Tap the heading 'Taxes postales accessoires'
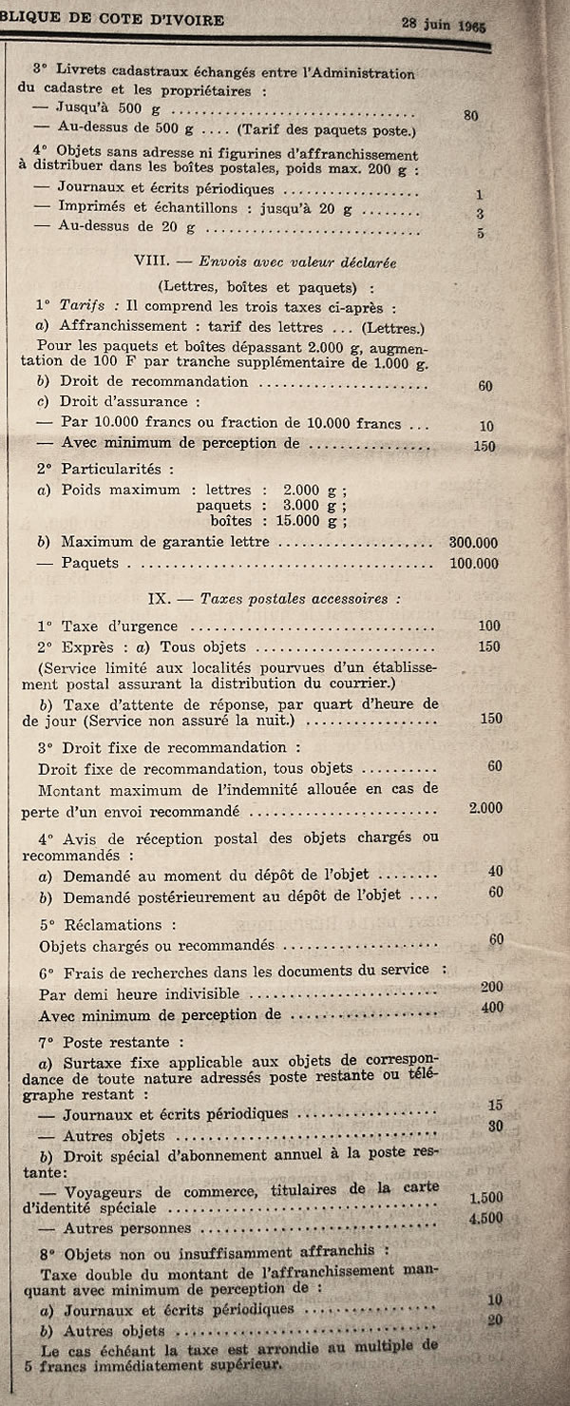click(300, 599)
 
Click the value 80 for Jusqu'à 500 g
click(470, 115)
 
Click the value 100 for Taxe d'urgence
click(489, 626)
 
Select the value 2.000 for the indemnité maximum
click(485, 807)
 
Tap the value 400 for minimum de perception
click(491, 1008)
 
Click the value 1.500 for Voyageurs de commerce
click(485, 1198)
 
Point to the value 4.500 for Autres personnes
click(485, 1218)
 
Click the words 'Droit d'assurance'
click(124, 402)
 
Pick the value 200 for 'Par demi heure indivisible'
click(491, 988)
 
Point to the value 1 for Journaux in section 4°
click(480, 194)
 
